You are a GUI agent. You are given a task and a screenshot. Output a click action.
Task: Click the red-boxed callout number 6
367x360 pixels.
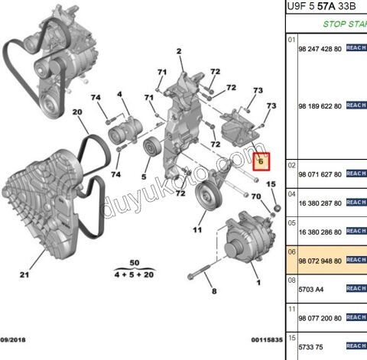[x=260, y=161]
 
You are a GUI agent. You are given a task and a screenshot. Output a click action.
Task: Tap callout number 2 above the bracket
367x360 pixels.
[x=180, y=52]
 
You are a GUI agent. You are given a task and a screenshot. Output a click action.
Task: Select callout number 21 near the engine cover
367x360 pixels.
[x=23, y=275]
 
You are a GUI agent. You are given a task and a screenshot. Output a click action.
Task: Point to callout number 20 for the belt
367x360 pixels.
[x=76, y=113]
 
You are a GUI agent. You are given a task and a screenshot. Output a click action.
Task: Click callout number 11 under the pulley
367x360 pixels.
[x=196, y=229]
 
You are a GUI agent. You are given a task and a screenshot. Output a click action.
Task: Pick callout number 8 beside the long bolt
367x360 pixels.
[x=214, y=291]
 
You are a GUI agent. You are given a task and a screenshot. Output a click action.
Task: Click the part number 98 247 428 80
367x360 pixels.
[x=319, y=48]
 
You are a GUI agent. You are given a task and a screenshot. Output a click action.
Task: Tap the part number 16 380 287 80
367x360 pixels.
[x=319, y=204]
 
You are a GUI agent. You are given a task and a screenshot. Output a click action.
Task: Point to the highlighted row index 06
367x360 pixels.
[x=291, y=251]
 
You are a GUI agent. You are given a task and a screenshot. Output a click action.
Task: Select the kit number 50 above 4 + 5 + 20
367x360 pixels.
[x=135, y=262]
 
